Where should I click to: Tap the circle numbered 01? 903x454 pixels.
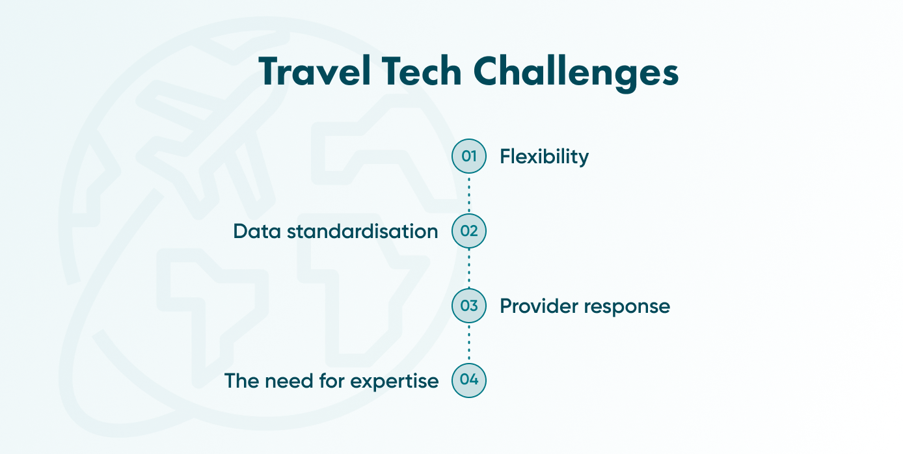point(469,156)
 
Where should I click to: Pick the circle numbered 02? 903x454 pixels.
point(469,231)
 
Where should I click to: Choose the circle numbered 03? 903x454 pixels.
point(469,306)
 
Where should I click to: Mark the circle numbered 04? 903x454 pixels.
point(469,380)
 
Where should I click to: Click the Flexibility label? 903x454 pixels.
point(544,157)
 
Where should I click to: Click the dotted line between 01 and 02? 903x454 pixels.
point(469,194)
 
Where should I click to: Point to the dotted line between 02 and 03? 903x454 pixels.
point(469,268)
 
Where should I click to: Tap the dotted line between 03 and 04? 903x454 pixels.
point(469,343)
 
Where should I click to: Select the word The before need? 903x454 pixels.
point(242,381)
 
